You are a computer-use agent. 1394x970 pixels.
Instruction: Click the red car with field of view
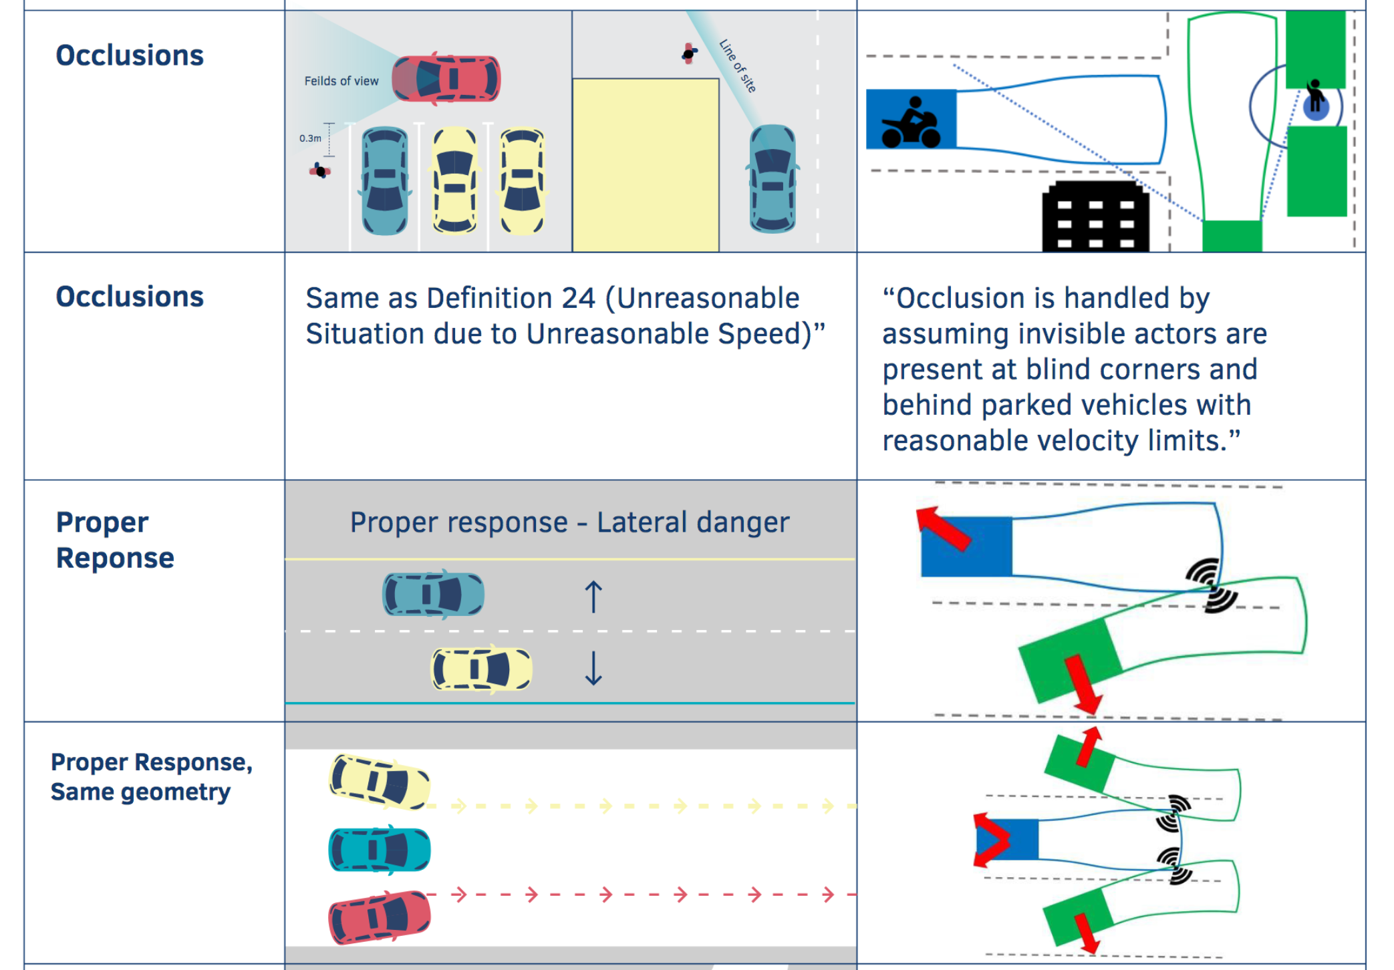[446, 79]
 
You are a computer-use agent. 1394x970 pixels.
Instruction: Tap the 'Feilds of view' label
[341, 81]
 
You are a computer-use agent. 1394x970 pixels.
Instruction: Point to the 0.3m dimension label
[310, 138]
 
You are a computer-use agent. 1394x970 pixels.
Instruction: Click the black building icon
[1095, 217]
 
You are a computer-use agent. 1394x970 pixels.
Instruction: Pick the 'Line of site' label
[737, 65]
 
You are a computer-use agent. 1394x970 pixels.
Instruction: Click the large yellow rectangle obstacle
[646, 164]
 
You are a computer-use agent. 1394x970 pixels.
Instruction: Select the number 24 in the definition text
[578, 299]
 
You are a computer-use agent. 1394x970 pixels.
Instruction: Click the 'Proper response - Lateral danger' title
[569, 522]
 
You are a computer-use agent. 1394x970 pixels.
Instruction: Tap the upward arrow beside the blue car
[593, 597]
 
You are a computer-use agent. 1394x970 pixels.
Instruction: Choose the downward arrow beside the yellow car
[593, 669]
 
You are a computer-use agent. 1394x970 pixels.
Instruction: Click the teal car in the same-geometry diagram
[379, 850]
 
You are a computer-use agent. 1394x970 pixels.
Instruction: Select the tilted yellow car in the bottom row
[379, 782]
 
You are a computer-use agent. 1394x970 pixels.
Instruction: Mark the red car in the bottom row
[379, 917]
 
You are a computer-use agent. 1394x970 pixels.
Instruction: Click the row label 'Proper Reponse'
[115, 540]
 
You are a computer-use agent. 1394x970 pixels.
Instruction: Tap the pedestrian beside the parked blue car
[320, 171]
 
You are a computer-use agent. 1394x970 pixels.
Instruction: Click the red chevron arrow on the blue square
[991, 839]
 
